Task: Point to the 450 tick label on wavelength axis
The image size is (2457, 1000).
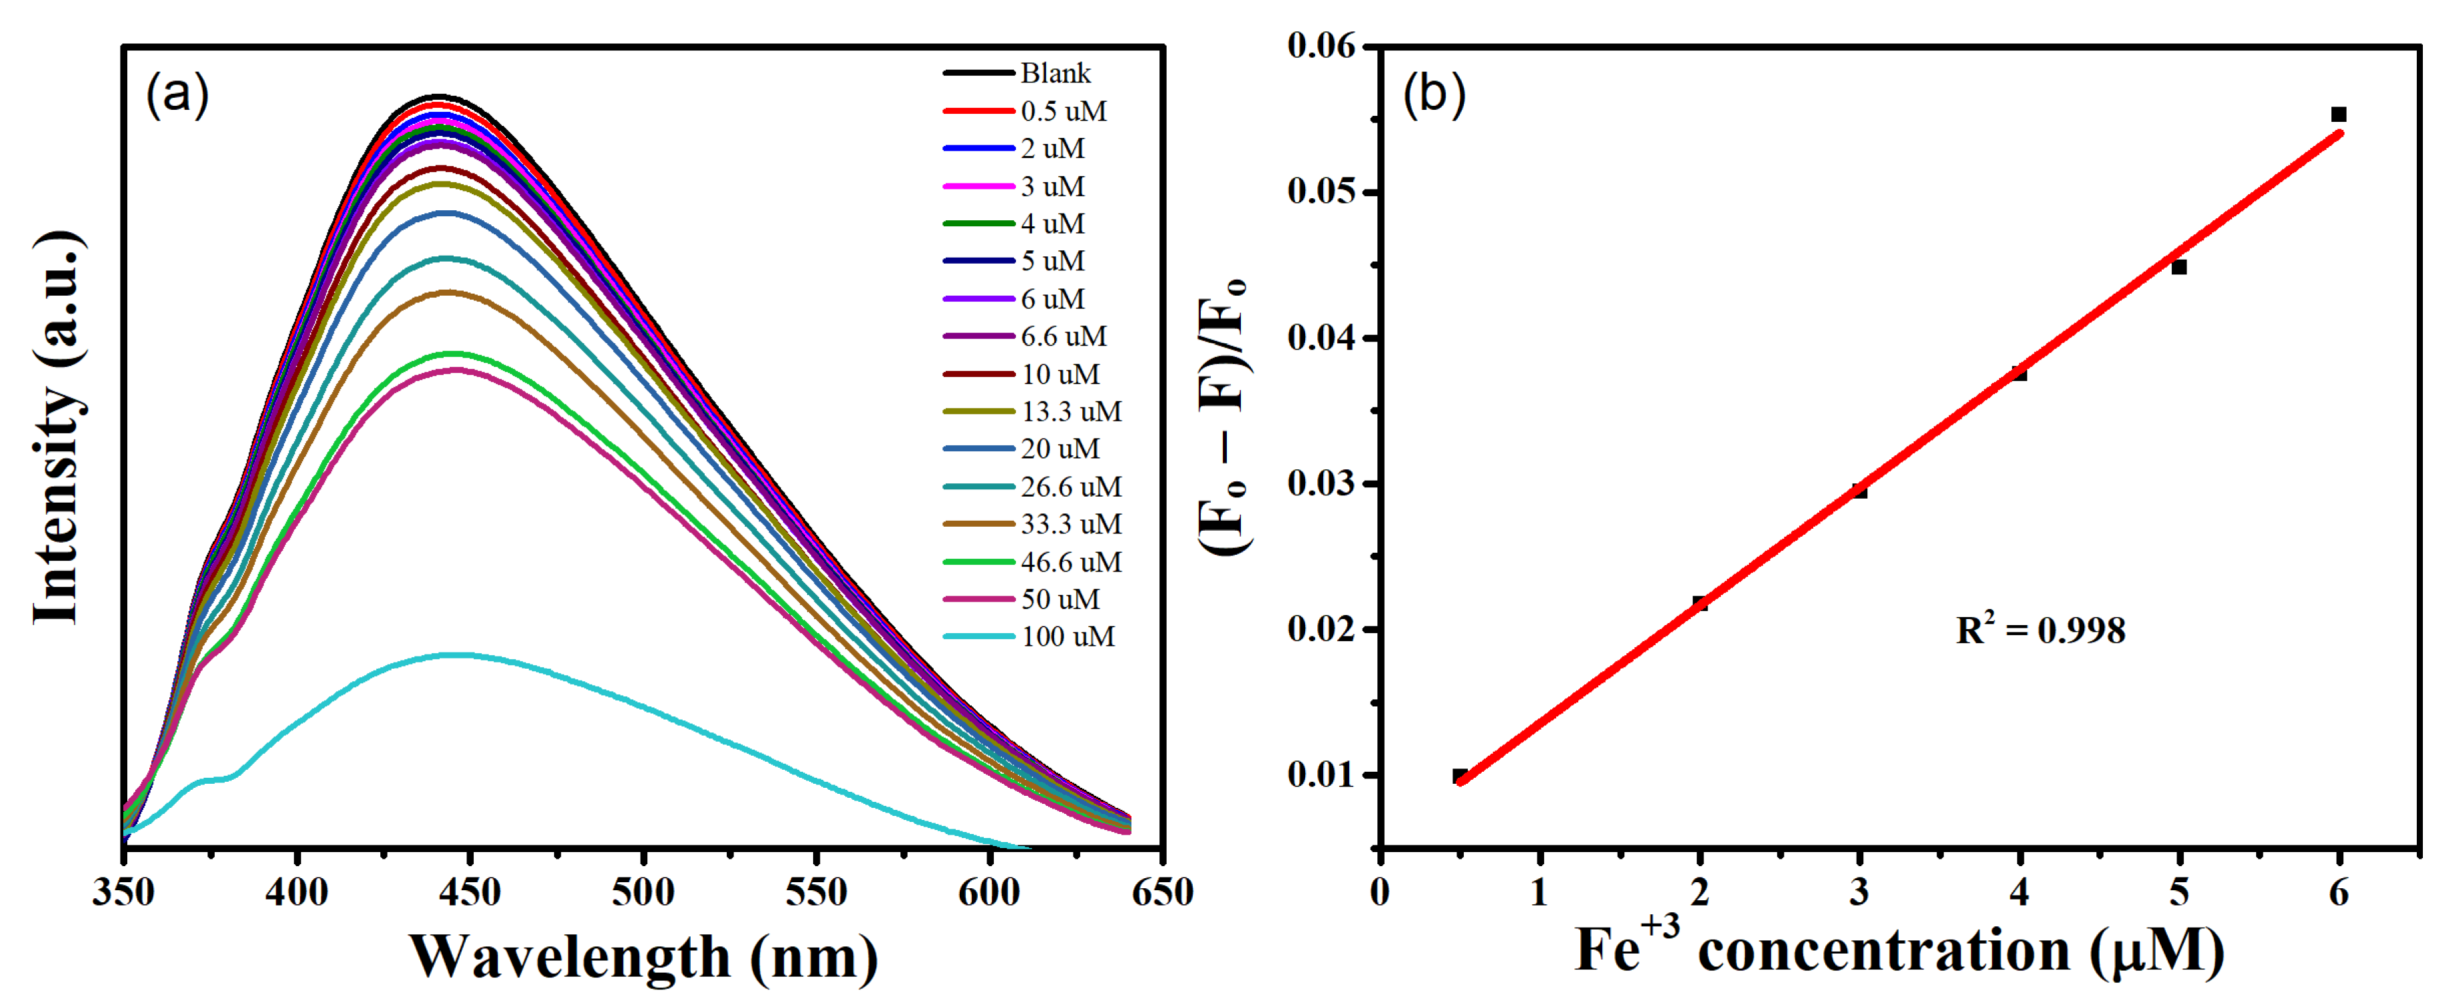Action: (471, 892)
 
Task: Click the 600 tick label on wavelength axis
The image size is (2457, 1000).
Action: (989, 892)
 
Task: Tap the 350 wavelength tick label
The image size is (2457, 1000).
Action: (123, 892)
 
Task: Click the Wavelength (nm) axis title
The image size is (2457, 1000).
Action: (644, 956)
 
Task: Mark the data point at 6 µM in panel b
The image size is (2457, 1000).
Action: (2339, 114)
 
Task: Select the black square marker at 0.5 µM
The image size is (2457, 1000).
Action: (1459, 776)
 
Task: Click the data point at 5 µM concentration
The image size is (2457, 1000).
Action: (2179, 267)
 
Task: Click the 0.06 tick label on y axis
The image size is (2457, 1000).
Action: (1321, 45)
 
